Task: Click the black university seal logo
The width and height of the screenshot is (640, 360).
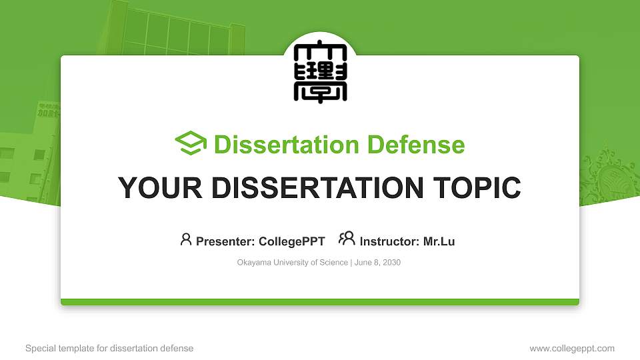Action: pos(319,73)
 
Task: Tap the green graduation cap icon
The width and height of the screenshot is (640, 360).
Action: pos(191,144)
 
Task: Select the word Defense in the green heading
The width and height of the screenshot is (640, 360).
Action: pos(416,145)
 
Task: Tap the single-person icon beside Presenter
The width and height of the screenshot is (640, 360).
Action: pos(186,239)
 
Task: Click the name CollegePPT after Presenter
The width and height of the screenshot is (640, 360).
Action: pos(291,241)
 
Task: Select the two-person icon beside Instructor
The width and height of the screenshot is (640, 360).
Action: pos(347,239)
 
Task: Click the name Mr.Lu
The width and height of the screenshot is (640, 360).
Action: pos(439,241)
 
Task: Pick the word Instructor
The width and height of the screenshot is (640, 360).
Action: pos(388,241)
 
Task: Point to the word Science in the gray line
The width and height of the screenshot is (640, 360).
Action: pos(333,263)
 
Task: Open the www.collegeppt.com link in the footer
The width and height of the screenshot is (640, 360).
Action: pos(572,349)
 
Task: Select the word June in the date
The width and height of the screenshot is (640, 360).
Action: pos(363,263)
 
